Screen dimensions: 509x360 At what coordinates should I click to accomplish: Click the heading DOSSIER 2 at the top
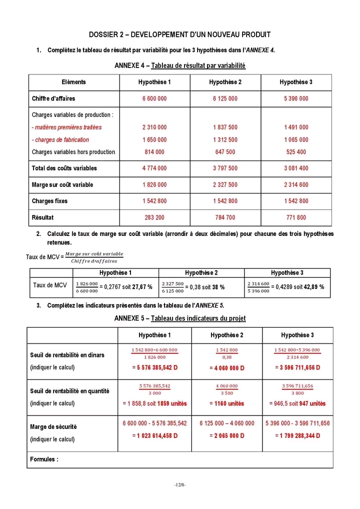point(179,34)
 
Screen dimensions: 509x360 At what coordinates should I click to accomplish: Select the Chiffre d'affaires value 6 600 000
point(154,98)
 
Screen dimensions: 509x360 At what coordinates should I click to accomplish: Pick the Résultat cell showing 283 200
point(154,217)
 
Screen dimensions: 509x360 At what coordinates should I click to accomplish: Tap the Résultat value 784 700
point(225,217)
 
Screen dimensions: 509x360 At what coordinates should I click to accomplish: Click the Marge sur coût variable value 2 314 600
point(296,184)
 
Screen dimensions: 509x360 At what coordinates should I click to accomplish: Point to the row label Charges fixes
point(49,201)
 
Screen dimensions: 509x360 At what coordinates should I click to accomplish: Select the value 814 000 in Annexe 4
point(154,152)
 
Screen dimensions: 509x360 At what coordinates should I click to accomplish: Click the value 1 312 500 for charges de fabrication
point(225,140)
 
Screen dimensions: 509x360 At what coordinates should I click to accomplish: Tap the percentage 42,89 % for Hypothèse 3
point(314,287)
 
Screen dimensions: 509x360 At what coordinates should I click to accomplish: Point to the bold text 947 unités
point(313,403)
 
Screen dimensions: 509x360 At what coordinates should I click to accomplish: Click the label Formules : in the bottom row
point(44,459)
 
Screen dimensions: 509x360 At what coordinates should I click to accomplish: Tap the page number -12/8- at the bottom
point(179,485)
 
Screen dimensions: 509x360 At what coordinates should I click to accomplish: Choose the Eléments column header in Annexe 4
point(73,82)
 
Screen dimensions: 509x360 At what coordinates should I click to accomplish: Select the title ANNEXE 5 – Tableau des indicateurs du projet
point(179,318)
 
